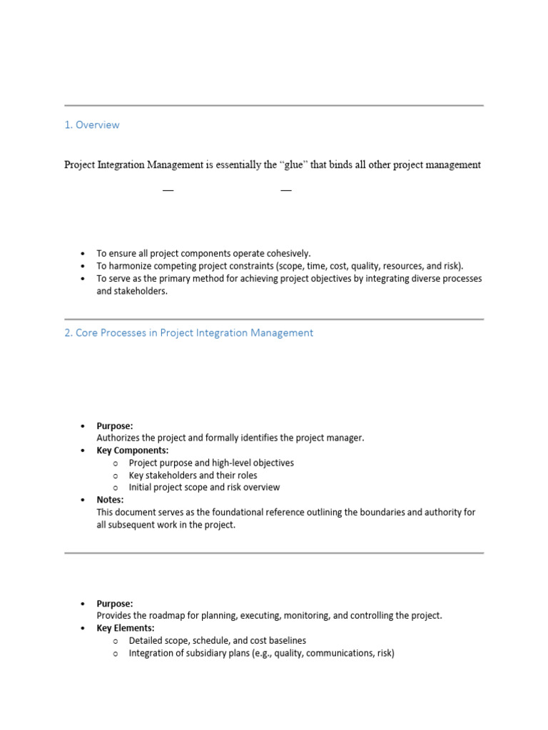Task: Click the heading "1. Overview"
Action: click(91, 125)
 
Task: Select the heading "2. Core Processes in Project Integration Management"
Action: click(188, 333)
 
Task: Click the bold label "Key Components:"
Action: click(133, 451)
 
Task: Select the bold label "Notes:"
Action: click(110, 500)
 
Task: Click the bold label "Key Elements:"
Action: click(126, 628)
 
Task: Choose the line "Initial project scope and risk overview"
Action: click(204, 488)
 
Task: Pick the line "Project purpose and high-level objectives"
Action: click(211, 463)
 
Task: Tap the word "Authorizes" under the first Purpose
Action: click(119, 438)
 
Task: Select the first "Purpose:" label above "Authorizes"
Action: click(115, 426)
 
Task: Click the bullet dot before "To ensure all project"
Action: click(83, 254)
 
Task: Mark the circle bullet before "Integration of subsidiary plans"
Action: click(114, 654)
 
